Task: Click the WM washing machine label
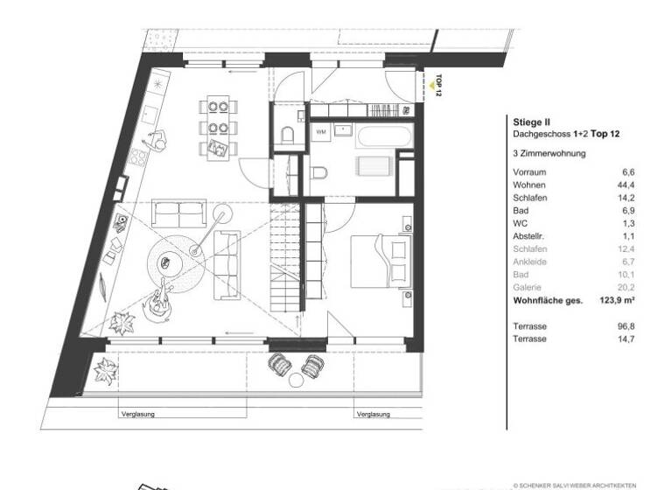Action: point(321,130)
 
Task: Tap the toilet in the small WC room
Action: point(289,133)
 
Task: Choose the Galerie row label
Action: point(527,287)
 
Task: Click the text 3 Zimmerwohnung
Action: point(549,152)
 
